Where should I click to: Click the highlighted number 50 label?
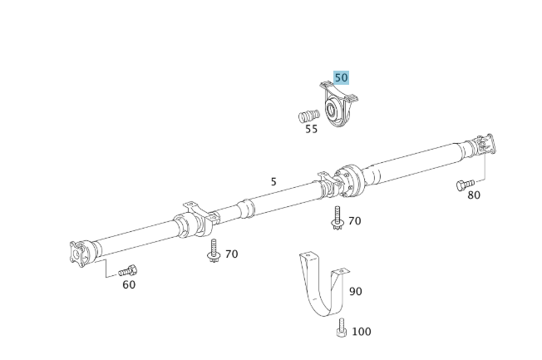[341, 77]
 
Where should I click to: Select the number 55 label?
[311, 129]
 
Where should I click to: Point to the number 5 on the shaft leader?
[273, 180]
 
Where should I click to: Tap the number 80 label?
[473, 195]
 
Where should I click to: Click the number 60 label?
[129, 284]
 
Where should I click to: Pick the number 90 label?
[355, 291]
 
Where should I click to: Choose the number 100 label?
[361, 332]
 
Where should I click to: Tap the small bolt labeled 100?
[340, 330]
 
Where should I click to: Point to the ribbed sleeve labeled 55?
[309, 114]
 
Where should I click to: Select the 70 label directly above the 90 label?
[354, 221]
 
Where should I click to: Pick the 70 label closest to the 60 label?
[231, 254]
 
